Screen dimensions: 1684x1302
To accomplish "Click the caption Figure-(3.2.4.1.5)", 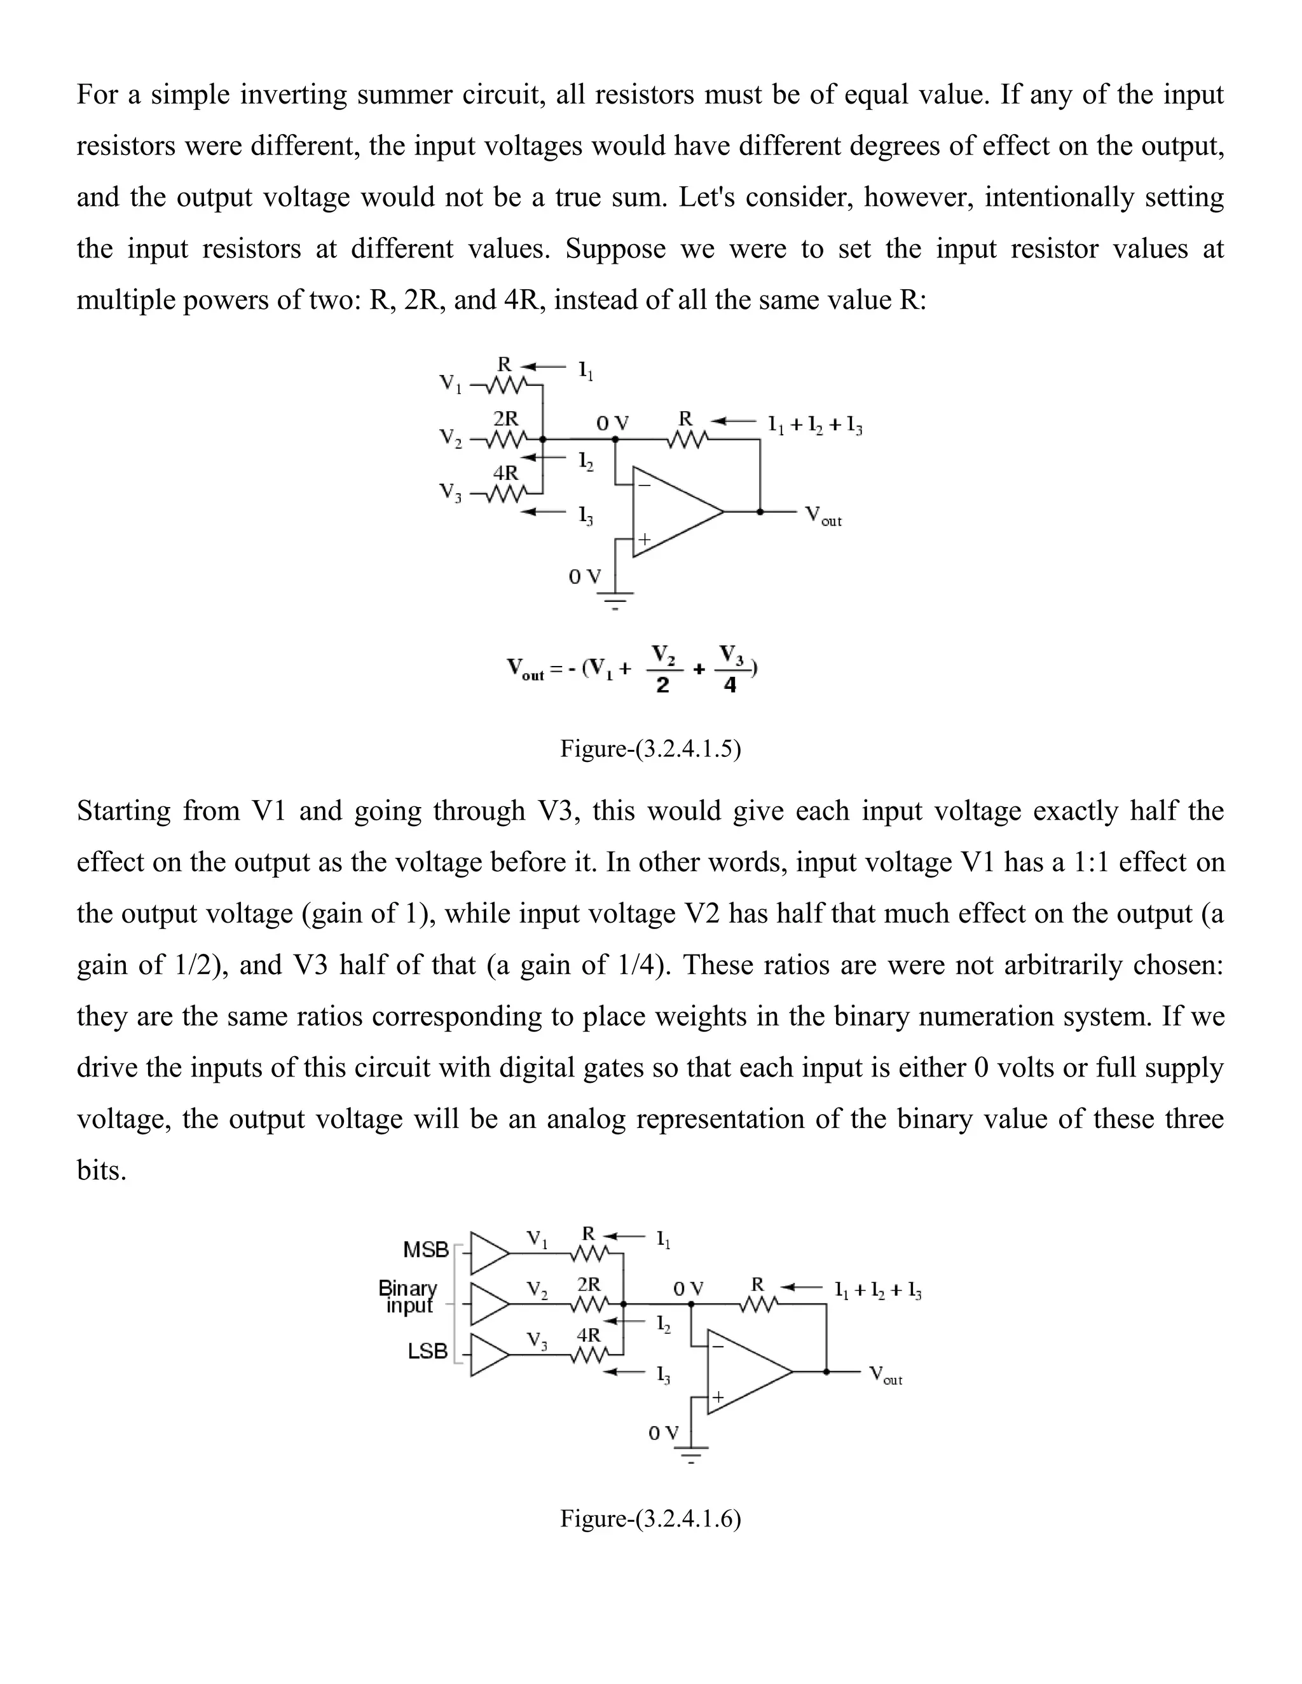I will pos(650,749).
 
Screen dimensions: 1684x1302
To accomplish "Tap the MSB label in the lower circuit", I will pos(426,1250).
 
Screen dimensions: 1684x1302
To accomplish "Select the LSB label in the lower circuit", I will pos(427,1351).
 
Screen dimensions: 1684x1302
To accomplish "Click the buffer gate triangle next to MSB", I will pos(488,1253).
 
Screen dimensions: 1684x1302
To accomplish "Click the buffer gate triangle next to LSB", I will pos(488,1354).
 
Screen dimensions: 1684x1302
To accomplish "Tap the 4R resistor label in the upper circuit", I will pos(505,472).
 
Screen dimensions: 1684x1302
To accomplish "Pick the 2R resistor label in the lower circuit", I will pos(589,1284).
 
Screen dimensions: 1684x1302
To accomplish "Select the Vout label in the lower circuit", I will pos(886,1374).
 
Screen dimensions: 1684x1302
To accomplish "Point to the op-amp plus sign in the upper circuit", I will pos(643,539).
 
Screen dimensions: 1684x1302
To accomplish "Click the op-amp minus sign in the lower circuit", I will pos(717,1347).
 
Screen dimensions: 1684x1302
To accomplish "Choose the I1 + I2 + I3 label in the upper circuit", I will pos(814,425).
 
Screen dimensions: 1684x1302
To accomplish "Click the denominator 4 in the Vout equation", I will pos(730,684).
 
